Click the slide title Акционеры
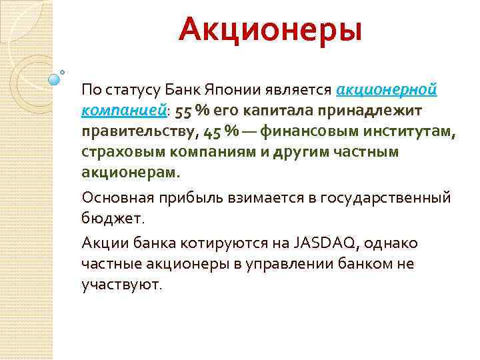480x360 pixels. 270,31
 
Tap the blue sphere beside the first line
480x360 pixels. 55,79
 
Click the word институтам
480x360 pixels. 407,131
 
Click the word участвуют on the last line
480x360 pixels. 121,285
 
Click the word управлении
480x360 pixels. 289,263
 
